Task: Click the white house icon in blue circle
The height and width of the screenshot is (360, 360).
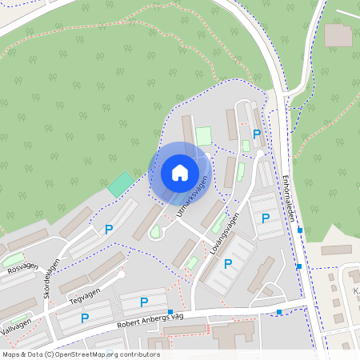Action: [x=179, y=173]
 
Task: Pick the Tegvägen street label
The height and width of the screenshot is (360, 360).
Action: [x=89, y=292]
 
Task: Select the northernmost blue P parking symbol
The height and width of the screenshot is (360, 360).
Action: [x=256, y=134]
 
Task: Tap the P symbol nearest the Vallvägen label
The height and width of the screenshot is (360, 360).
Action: [x=84, y=318]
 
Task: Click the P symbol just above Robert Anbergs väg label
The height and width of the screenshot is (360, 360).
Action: [x=144, y=302]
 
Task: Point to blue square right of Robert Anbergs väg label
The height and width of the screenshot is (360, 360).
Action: [x=170, y=312]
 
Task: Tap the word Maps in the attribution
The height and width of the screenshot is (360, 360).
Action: [x=11, y=354]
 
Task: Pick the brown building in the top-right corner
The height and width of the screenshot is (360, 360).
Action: [x=338, y=34]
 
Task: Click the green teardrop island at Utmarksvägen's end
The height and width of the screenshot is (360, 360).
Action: [x=155, y=231]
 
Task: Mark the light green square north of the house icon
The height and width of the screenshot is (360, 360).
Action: [x=204, y=137]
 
